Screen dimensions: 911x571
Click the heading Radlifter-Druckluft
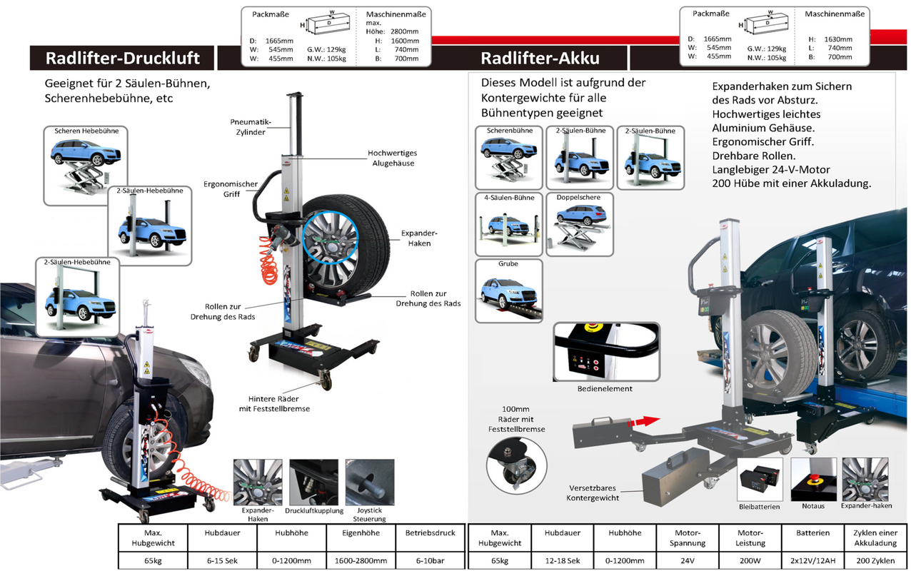coord(122,58)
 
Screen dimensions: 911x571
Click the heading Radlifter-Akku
coord(540,58)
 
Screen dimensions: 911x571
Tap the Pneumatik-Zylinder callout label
coord(251,127)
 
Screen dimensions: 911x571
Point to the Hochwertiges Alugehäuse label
coord(393,158)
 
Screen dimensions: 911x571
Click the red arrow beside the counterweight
coord(643,421)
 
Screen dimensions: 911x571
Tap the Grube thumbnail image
coord(509,291)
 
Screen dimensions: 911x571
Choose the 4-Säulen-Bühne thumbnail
coord(509,224)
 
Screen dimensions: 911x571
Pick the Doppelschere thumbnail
coord(580,224)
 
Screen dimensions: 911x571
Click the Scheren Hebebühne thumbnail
coord(86,166)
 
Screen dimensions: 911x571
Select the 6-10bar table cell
coord(431,560)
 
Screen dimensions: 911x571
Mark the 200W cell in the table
coord(750,560)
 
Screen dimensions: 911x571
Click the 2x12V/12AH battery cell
coord(812,560)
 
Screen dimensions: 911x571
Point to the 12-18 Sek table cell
coord(563,560)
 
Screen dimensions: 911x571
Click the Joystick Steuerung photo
coord(370,482)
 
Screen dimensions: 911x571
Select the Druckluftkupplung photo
coord(313,482)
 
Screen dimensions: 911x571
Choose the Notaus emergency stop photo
coord(813,479)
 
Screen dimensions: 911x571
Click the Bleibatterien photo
coord(760,479)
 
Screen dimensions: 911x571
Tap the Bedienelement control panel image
coord(606,352)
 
